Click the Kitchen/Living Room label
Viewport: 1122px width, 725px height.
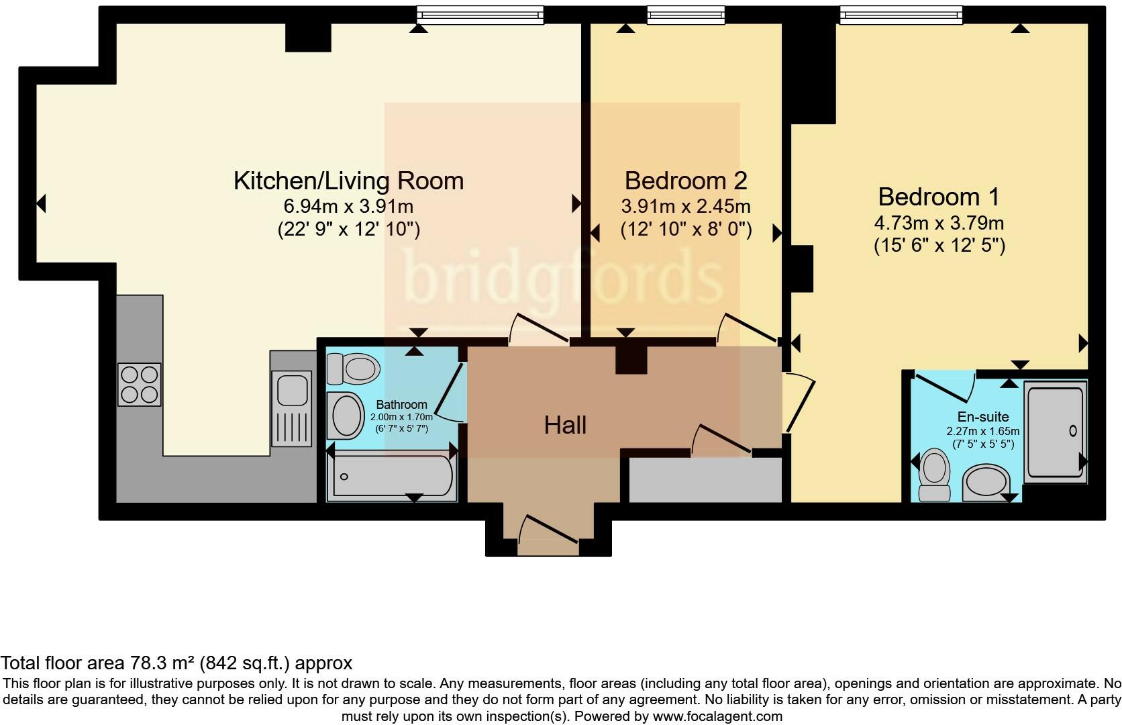pyautogui.click(x=349, y=181)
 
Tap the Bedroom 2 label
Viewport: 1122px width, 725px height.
pyautogui.click(x=686, y=181)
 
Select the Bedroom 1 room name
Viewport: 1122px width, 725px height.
pyautogui.click(x=939, y=197)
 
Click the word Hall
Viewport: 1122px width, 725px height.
pyautogui.click(x=565, y=426)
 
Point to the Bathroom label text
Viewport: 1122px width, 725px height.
pyautogui.click(x=402, y=404)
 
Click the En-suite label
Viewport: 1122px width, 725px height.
pyautogui.click(x=982, y=417)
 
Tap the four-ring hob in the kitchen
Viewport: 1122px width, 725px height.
pyautogui.click(x=140, y=384)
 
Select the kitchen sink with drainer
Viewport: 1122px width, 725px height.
pyautogui.click(x=291, y=408)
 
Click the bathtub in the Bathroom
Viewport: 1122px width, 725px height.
pyautogui.click(x=393, y=476)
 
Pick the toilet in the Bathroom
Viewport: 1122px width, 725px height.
pyautogui.click(x=353, y=369)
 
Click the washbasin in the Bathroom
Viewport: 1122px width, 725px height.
pyautogui.click(x=346, y=416)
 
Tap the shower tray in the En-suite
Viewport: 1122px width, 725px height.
pyautogui.click(x=1056, y=432)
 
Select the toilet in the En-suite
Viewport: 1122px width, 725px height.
pyautogui.click(x=935, y=475)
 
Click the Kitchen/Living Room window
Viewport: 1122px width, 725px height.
pyautogui.click(x=480, y=15)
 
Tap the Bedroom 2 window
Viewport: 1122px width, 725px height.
pyautogui.click(x=686, y=15)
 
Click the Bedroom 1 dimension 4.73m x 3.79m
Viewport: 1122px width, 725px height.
pyautogui.click(x=939, y=222)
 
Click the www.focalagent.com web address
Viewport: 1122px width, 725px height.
pyautogui.click(x=718, y=716)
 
